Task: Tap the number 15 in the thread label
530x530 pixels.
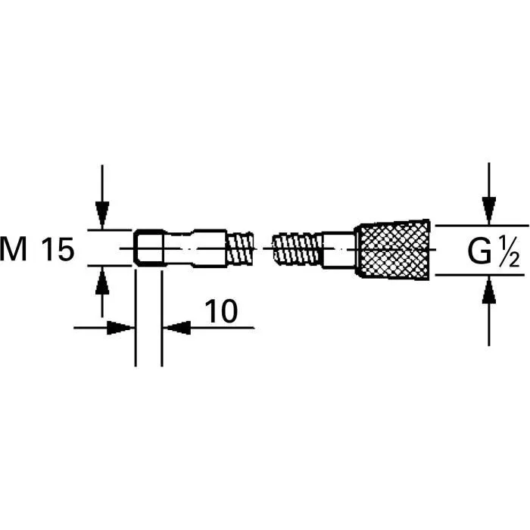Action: (x=58, y=249)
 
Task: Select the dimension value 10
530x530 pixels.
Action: (x=220, y=310)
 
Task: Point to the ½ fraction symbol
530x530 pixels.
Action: (x=509, y=250)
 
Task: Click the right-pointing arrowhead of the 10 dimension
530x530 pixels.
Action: (x=122, y=328)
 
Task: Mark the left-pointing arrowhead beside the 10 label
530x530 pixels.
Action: (x=176, y=328)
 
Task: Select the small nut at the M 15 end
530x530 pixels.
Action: (x=149, y=248)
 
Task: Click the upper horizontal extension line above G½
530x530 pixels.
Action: (x=481, y=225)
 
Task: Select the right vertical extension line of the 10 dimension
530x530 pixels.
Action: (x=161, y=333)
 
